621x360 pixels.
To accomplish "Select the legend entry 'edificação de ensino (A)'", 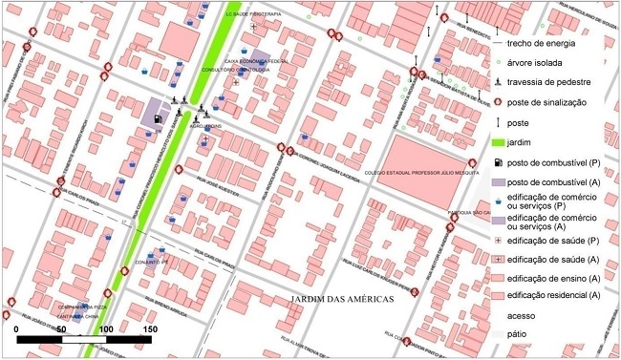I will (553, 278).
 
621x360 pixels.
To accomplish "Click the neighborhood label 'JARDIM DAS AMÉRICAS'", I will (342, 300).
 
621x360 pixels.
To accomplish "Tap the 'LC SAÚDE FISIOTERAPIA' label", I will (253, 15).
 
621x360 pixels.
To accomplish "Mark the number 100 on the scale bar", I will (106, 328).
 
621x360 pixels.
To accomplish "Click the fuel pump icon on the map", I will (157, 119).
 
